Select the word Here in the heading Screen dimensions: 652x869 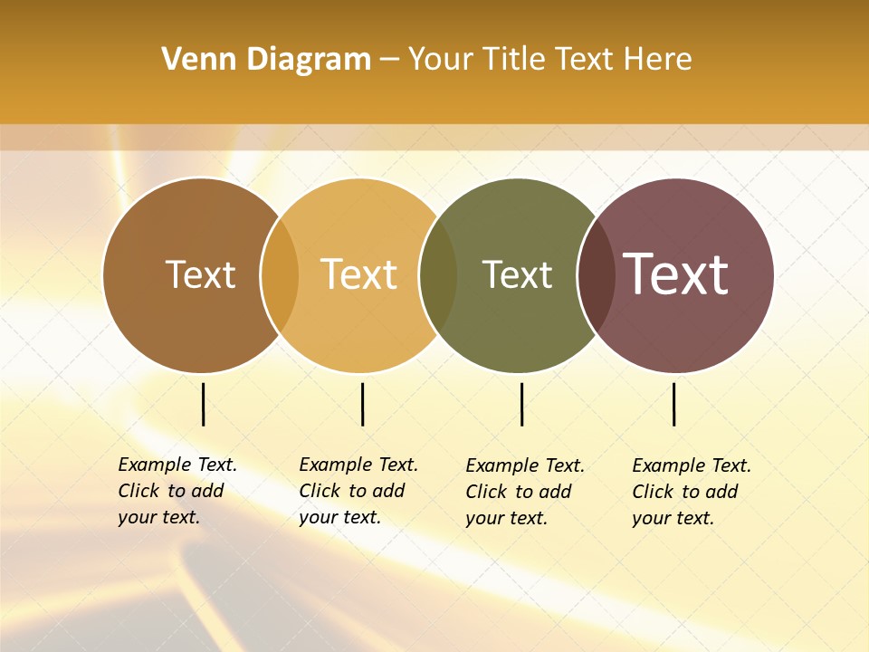pyautogui.click(x=659, y=60)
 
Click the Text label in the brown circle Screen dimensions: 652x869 pyautogui.click(x=200, y=274)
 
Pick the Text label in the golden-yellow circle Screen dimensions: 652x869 pyautogui.click(x=358, y=274)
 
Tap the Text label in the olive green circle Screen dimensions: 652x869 pyautogui.click(x=517, y=274)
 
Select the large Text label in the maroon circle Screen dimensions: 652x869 pyautogui.click(x=676, y=273)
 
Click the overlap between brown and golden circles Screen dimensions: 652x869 pyautogui.click(x=280, y=274)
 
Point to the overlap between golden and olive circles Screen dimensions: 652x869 pyautogui.click(x=438, y=274)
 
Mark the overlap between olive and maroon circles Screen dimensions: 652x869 pyautogui.click(x=597, y=274)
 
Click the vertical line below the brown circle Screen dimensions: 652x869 pyautogui.click(x=204, y=404)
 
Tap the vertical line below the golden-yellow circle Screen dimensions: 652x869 pyautogui.click(x=362, y=404)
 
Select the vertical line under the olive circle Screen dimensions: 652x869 pyautogui.click(x=521, y=404)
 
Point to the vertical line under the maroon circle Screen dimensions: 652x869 pyautogui.click(x=674, y=404)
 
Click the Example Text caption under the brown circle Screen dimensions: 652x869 pyautogui.click(x=177, y=491)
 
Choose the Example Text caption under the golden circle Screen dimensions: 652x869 pyautogui.click(x=358, y=491)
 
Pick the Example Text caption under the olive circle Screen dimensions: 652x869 pyautogui.click(x=524, y=492)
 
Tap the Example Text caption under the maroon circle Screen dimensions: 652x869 pyautogui.click(x=691, y=492)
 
